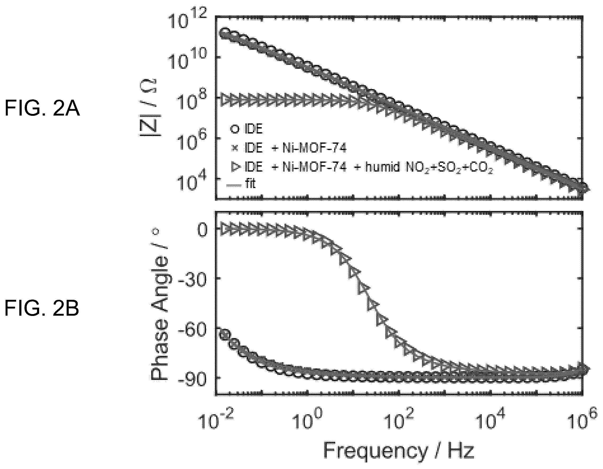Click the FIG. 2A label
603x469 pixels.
[42, 108]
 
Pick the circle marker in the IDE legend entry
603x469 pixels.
[234, 129]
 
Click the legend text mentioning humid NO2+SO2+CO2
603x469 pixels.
[369, 167]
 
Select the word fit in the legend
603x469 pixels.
[250, 183]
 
